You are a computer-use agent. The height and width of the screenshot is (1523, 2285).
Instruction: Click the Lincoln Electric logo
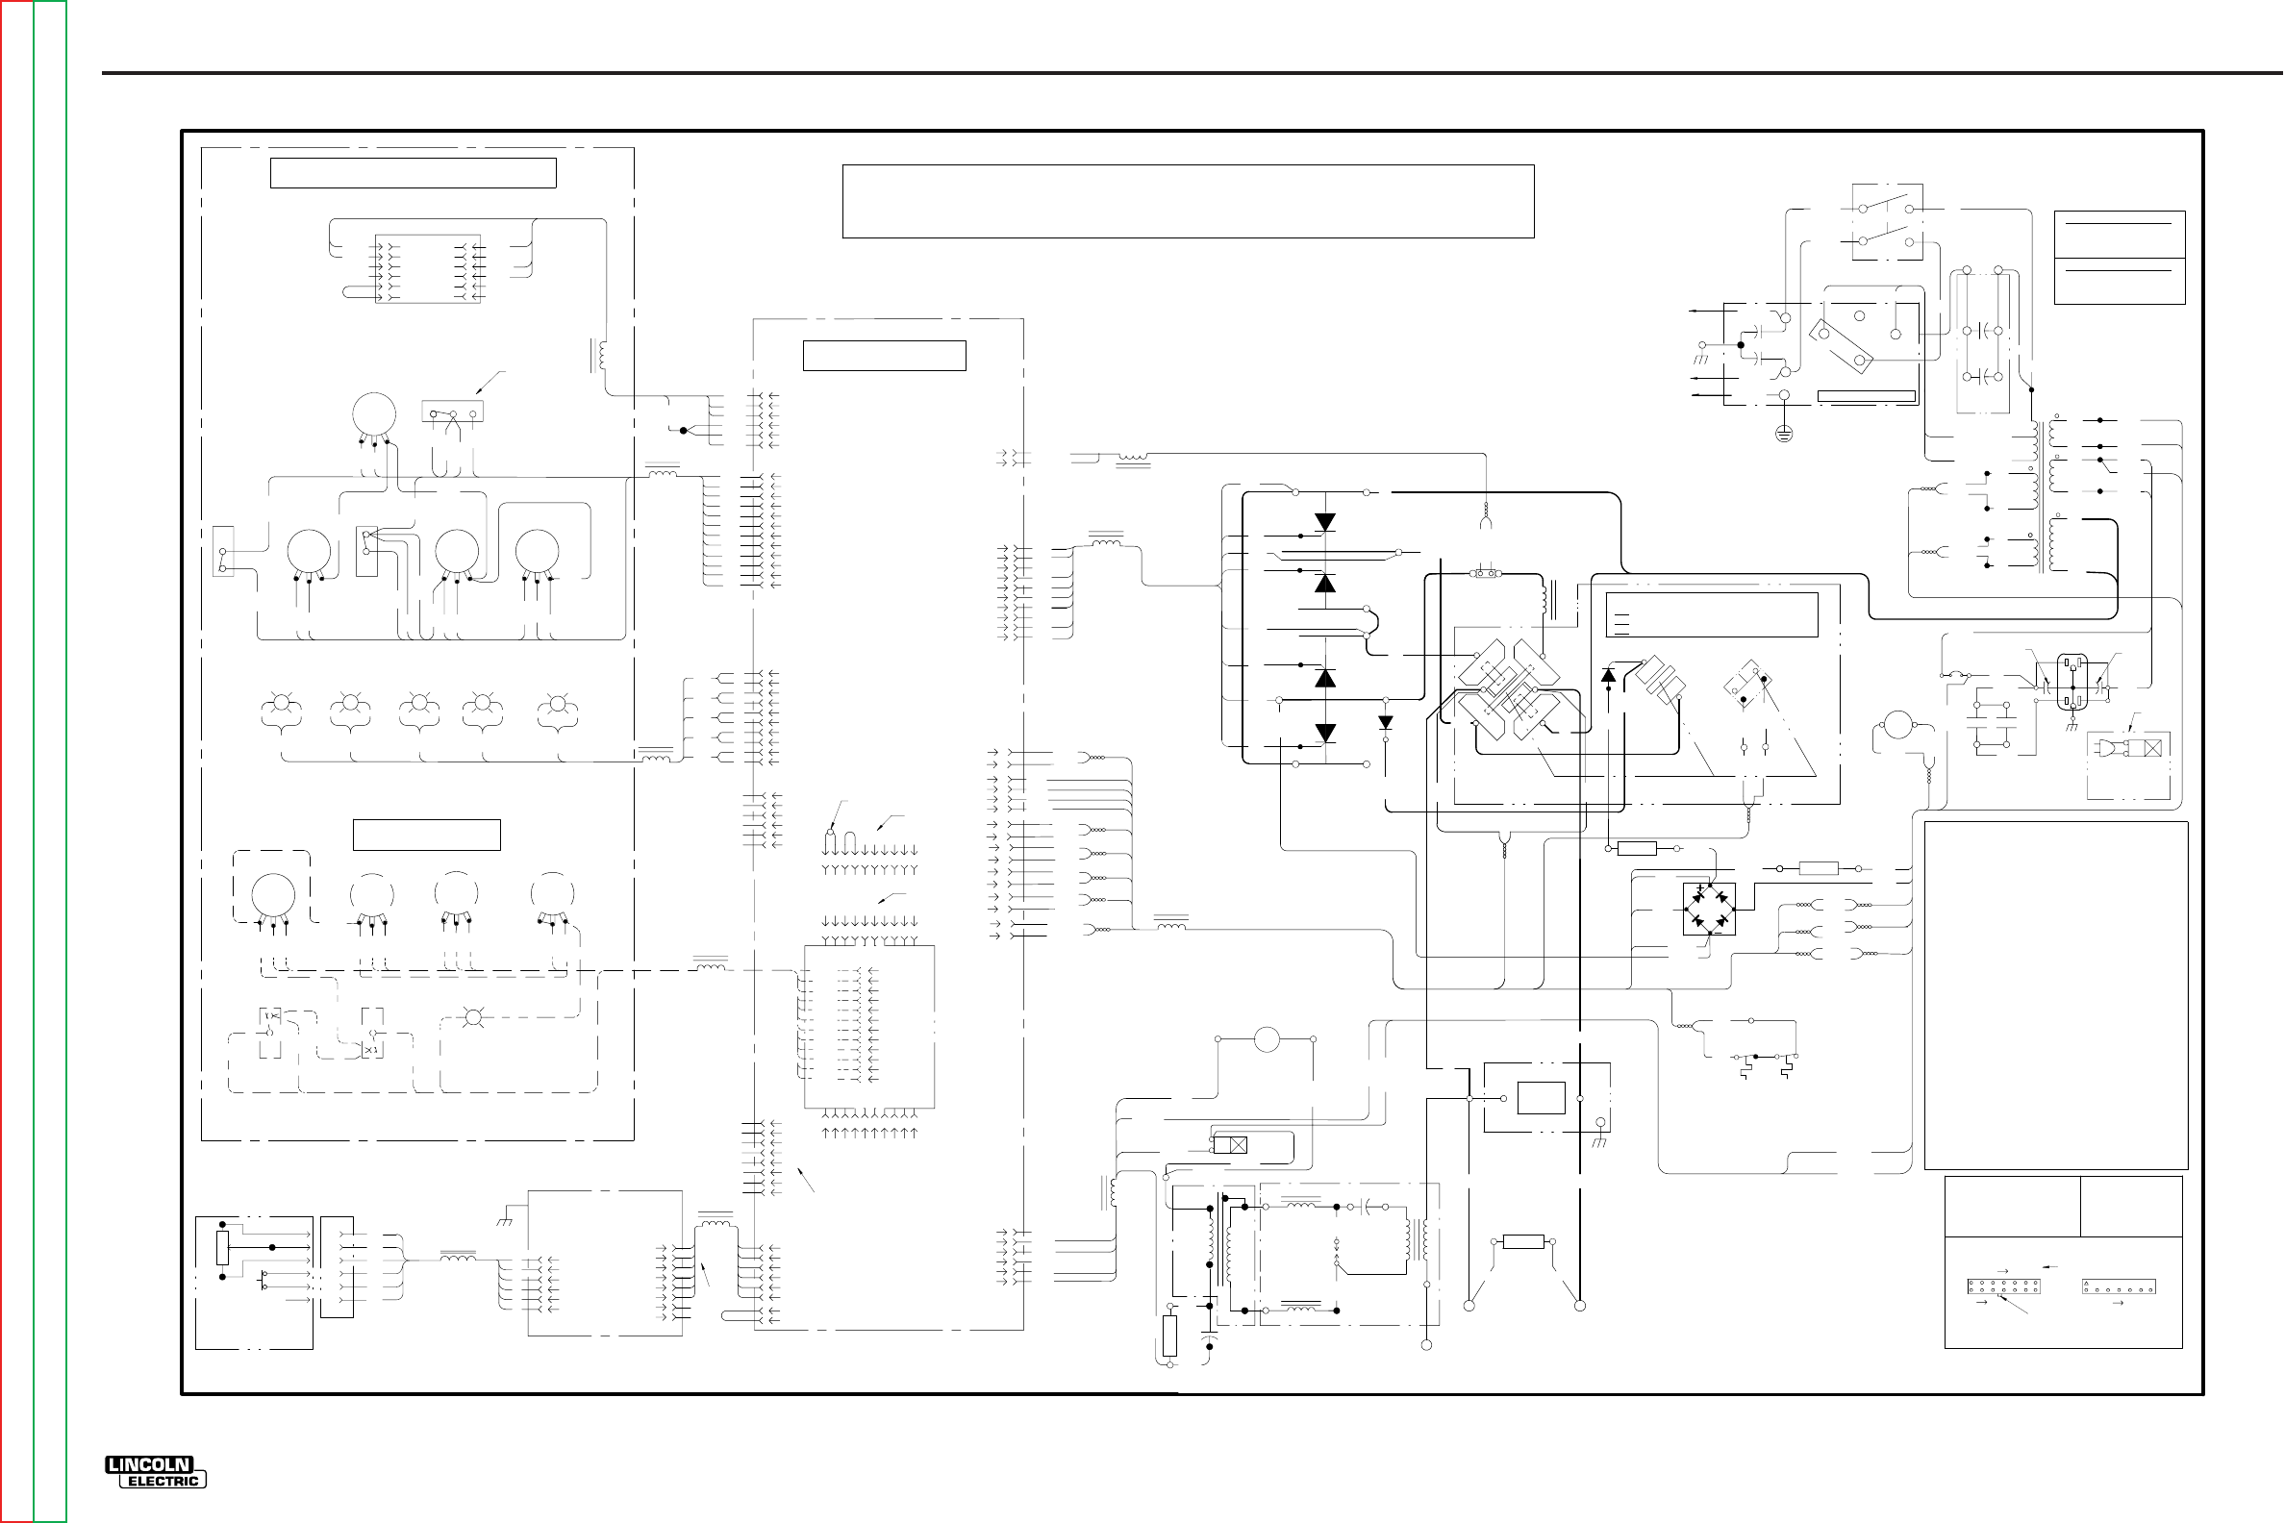coord(156,1471)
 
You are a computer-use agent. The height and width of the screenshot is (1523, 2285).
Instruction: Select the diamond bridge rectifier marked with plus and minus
coord(1709,909)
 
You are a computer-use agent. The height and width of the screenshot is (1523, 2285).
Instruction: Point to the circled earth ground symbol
coord(1784,434)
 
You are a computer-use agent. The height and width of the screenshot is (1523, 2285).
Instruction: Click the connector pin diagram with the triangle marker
coord(2119,1287)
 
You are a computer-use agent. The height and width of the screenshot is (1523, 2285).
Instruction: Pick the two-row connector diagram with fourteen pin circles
coord(2003,1287)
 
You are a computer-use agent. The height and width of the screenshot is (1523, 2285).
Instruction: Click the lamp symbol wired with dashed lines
coord(473,1018)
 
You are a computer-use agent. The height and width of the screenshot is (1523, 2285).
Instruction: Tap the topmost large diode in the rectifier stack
coord(1324,522)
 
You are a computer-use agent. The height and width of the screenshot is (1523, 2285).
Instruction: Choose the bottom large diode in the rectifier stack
coord(1324,734)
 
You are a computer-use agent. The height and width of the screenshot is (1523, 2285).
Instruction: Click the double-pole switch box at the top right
coord(1887,222)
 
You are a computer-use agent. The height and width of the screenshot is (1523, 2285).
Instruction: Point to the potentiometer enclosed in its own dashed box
coord(273,891)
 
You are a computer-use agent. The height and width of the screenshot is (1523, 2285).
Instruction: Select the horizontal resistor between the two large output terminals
coord(1522,1241)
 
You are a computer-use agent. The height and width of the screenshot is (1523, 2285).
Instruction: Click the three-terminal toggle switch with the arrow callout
coord(453,412)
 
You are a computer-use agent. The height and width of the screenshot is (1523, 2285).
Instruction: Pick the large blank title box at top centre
coord(1187,201)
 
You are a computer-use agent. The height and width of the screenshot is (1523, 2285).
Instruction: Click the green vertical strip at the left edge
coord(51,761)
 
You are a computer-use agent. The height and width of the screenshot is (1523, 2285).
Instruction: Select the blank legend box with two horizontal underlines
coord(2119,258)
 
